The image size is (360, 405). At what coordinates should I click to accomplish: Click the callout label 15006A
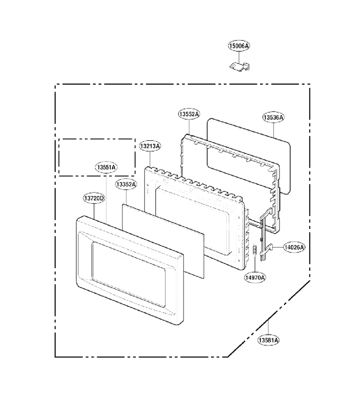[x=239, y=46]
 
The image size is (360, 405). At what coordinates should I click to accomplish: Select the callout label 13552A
[x=189, y=114]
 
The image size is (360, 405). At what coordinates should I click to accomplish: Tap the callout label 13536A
[x=274, y=117]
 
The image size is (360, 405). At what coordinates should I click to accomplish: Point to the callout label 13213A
[x=150, y=146]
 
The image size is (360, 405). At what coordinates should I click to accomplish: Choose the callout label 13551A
[x=106, y=167]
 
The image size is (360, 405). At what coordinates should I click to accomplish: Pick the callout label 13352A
[x=126, y=184]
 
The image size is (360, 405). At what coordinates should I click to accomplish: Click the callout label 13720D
[x=94, y=198]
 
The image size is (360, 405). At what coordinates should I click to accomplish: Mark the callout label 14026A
[x=294, y=247]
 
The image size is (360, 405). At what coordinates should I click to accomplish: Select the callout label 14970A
[x=255, y=278]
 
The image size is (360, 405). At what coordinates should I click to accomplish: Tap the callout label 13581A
[x=269, y=340]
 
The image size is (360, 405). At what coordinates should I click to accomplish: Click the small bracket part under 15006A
[x=240, y=66]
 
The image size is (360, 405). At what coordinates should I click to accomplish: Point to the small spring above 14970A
[x=255, y=250]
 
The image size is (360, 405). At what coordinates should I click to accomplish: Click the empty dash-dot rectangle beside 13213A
[x=97, y=139]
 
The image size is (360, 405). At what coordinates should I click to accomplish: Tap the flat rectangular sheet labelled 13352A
[x=163, y=241]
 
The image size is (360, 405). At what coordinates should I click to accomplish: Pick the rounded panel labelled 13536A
[x=248, y=156]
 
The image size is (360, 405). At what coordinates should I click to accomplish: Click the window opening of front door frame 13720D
[x=129, y=274]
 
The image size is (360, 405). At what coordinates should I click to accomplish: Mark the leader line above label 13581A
[x=269, y=328]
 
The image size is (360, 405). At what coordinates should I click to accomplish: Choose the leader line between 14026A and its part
[x=278, y=247]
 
